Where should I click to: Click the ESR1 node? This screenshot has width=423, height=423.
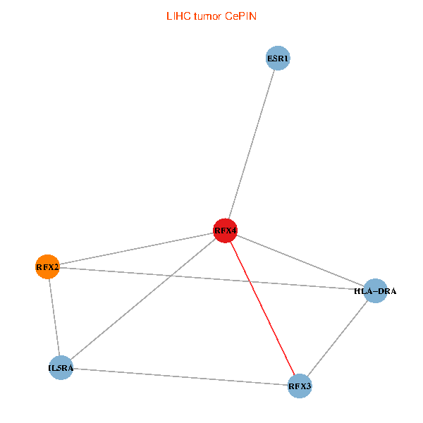tap(278, 58)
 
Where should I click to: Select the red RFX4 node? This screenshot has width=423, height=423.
tap(225, 231)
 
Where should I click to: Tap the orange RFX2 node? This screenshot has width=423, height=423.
tap(47, 266)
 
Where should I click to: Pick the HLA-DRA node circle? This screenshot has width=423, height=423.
tap(376, 290)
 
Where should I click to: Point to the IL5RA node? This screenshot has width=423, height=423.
tap(61, 368)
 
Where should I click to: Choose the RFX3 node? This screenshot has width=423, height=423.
tap(300, 386)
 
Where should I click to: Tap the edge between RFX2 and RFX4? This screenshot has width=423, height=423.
tap(136, 248)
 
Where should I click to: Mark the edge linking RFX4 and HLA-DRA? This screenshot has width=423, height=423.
tap(300, 261)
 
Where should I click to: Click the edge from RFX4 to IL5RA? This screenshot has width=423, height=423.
tap(142, 300)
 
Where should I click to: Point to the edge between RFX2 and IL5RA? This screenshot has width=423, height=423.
tap(54, 317)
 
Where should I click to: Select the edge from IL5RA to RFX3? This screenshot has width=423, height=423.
tap(180, 376)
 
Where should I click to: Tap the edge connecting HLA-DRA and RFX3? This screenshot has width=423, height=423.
tap(338, 338)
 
